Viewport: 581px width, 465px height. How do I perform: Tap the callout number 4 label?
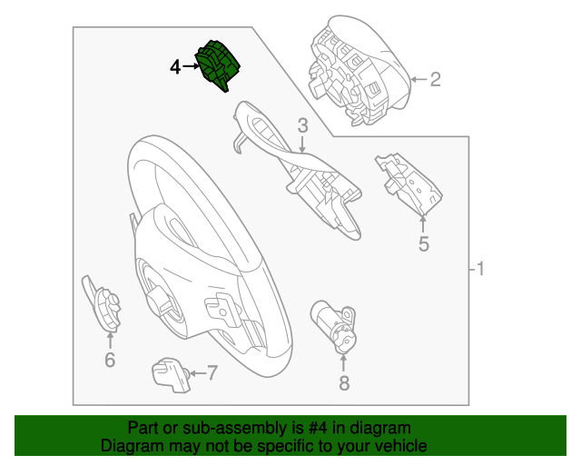pos(175,66)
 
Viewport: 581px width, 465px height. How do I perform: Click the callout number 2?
pos(435,80)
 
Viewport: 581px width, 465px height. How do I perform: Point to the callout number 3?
pos(302,124)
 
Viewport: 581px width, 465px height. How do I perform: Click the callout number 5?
pos(423,243)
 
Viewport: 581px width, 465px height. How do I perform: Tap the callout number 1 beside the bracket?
pos(481,270)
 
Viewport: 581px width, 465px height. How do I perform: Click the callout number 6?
pos(110,361)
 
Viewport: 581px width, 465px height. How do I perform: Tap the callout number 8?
pos(344,383)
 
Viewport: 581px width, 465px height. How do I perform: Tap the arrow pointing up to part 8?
pos(344,360)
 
